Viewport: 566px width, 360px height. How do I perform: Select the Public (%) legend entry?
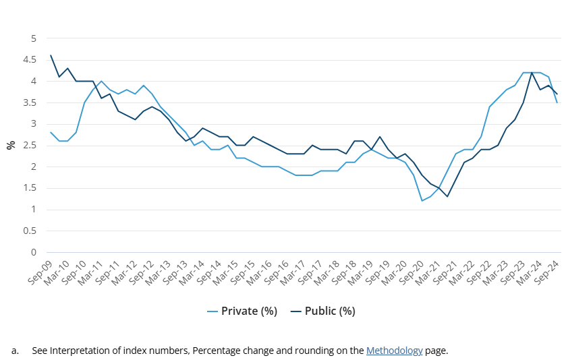coord(322,311)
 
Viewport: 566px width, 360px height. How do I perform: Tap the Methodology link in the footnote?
coord(394,351)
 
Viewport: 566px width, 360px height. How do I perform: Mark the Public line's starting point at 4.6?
coord(51,55)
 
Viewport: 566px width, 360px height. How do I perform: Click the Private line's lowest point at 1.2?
coord(422,201)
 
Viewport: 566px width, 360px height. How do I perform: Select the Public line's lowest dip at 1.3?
coord(447,196)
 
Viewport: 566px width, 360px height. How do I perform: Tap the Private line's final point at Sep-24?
coord(557,102)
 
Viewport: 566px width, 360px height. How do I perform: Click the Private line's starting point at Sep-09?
coord(51,132)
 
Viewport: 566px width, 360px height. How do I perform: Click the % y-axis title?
coord(11,145)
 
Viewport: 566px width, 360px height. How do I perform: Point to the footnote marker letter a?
coord(14,351)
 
